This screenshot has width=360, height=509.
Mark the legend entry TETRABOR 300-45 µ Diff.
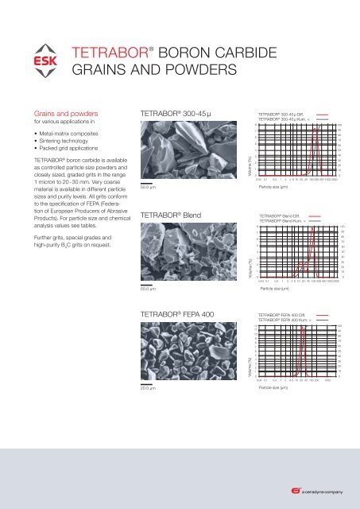coord(286,114)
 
